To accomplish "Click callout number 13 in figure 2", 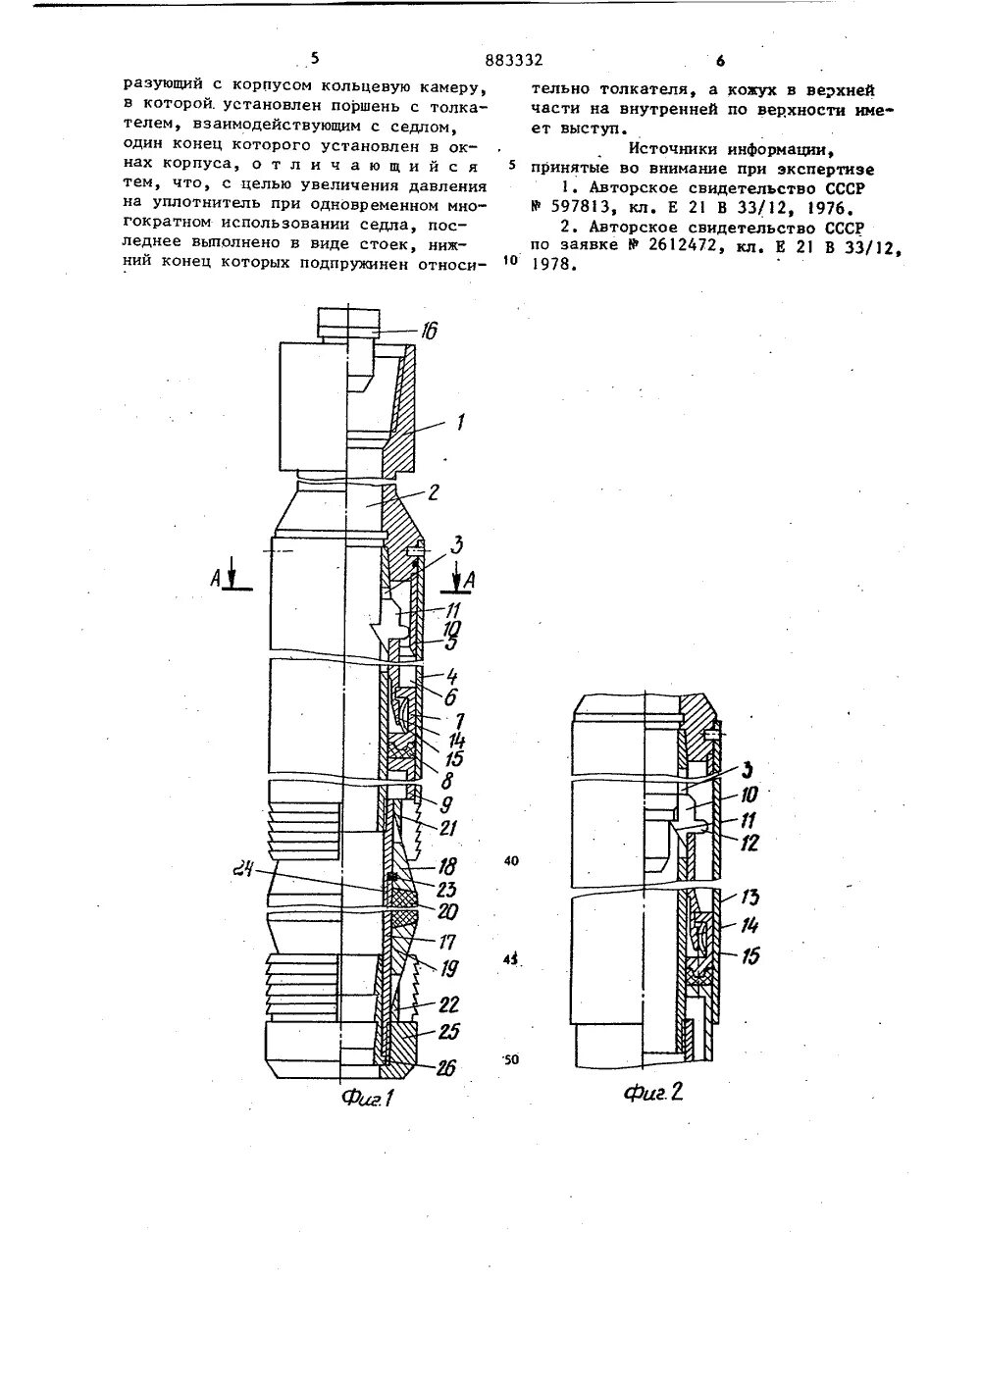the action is (752, 897).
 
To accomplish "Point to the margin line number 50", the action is (512, 1060).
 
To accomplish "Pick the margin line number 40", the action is (512, 860).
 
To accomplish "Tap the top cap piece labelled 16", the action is (347, 322).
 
